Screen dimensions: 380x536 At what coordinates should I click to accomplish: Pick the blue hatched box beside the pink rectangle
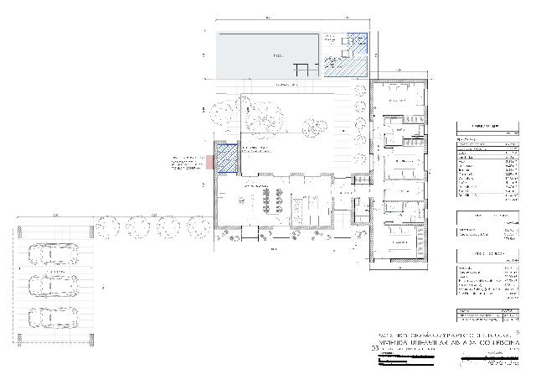click(226, 158)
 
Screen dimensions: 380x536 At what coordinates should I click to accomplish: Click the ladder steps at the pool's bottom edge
click(302, 70)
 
